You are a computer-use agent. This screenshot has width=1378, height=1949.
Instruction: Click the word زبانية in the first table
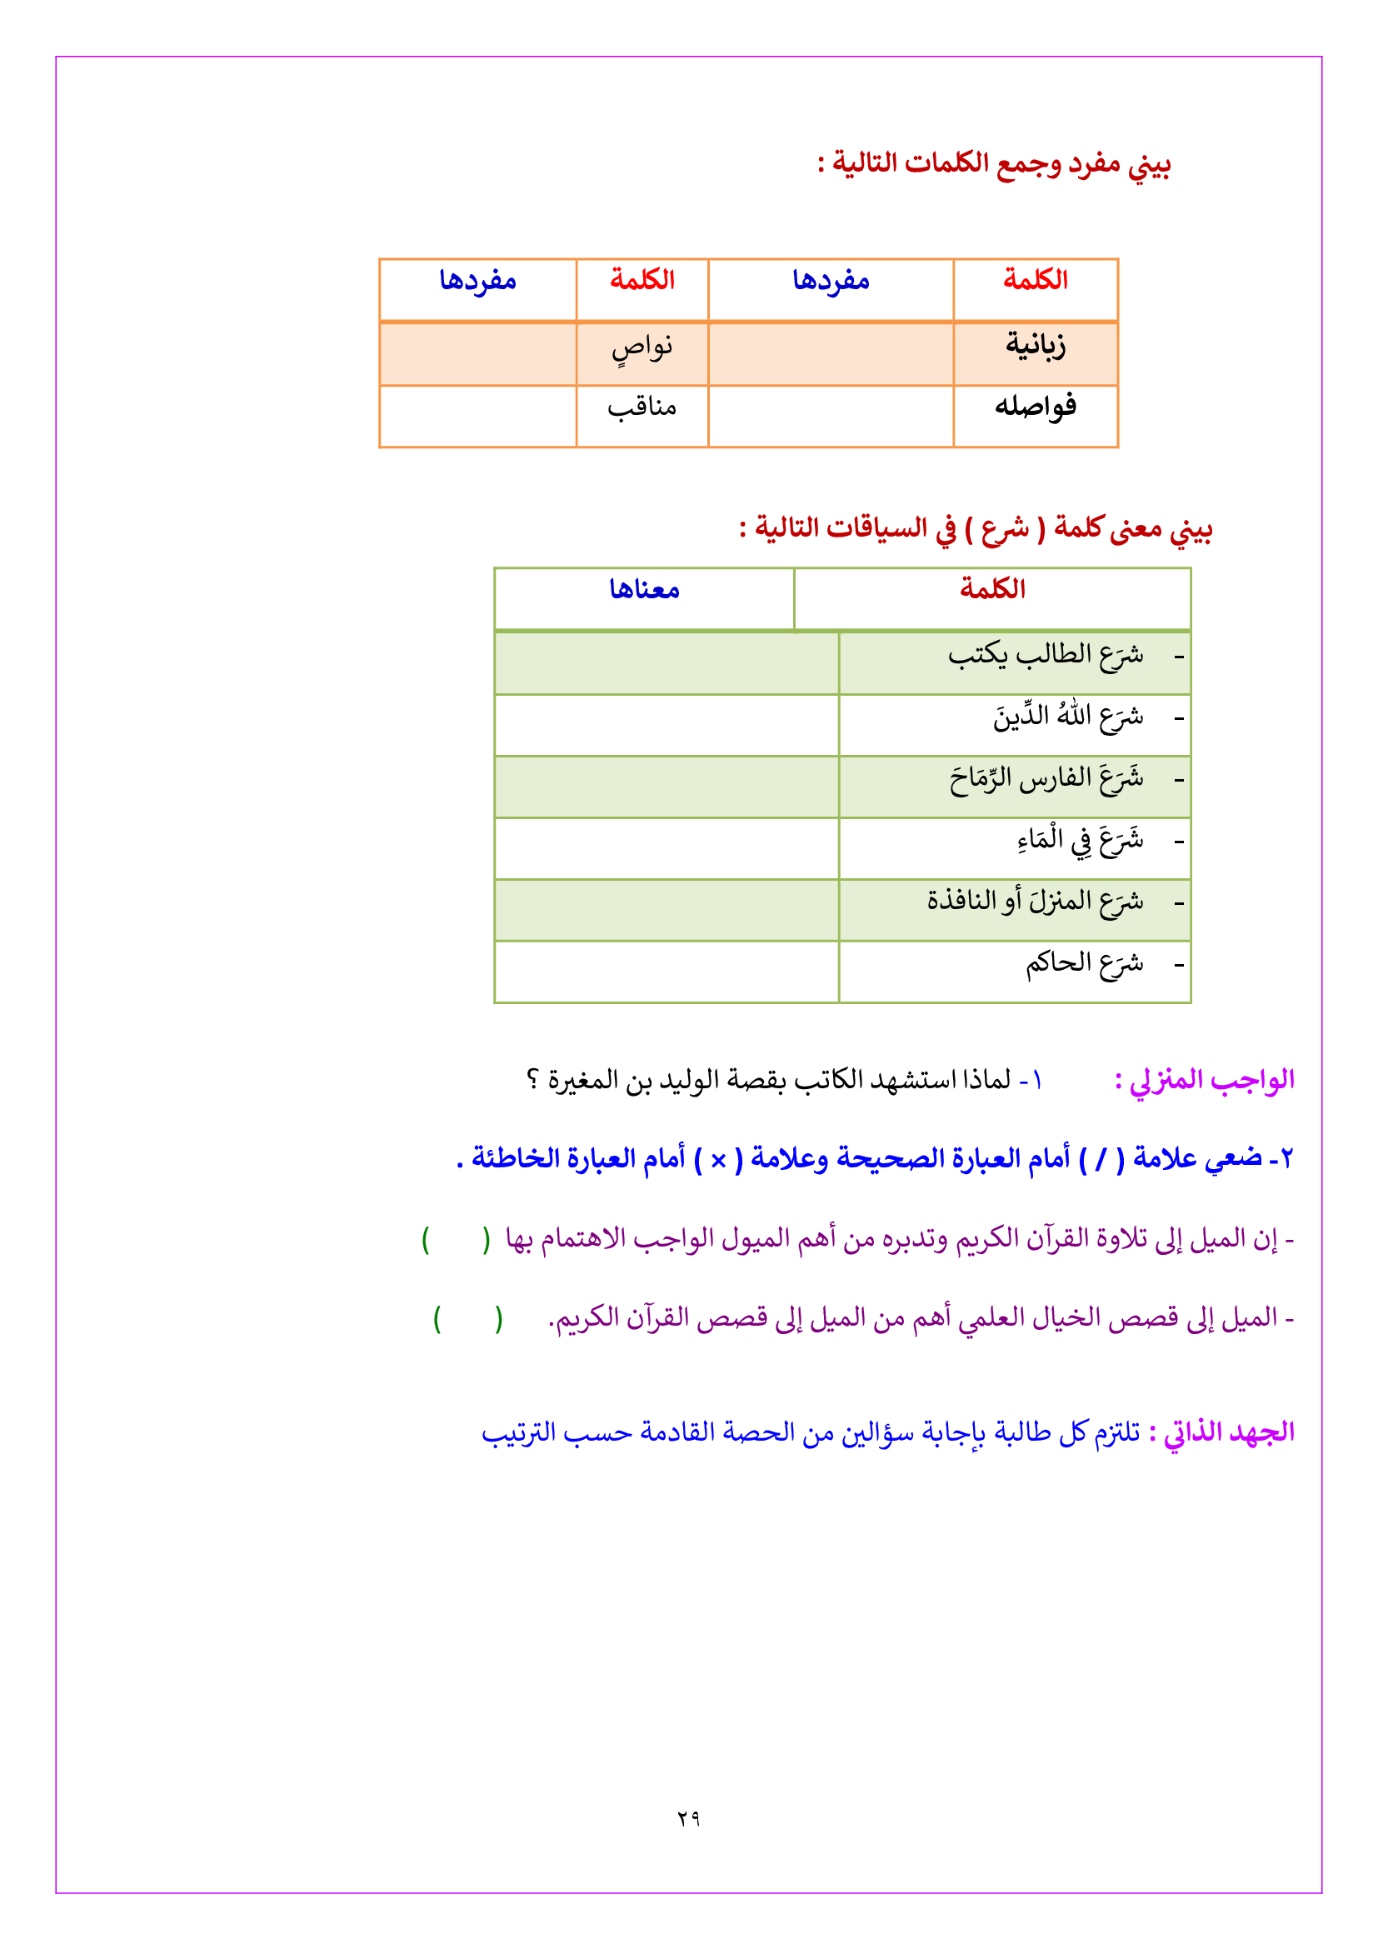coord(1036,346)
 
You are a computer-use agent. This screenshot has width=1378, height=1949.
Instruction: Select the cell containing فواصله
coord(1036,407)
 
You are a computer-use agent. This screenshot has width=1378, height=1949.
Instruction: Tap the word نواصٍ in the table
coord(642,347)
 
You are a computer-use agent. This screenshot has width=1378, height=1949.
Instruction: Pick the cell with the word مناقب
coord(642,408)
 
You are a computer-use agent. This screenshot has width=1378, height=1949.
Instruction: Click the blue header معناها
coord(644,589)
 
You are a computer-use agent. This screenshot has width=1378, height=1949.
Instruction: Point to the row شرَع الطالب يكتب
coord(1046,654)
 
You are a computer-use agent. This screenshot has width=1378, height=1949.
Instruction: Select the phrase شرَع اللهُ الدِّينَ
coord(1068,717)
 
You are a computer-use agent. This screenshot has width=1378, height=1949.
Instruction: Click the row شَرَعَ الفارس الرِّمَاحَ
coord(1046,778)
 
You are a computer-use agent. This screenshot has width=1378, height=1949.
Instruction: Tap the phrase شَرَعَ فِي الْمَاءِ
coord(1081,840)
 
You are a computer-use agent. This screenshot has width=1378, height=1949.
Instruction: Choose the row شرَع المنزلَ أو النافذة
coord(1036,901)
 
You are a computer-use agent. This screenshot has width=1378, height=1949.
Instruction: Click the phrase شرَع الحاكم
coord(1085,962)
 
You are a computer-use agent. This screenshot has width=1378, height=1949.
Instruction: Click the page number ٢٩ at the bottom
coord(688,1817)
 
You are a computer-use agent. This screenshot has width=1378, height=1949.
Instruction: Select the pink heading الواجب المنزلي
coord(1205,1080)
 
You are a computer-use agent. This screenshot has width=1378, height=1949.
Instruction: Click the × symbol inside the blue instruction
coord(718,1160)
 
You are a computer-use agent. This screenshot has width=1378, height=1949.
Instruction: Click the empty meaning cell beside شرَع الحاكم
coord(667,972)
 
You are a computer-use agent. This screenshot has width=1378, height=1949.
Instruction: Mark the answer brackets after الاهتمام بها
coord(457,1240)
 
